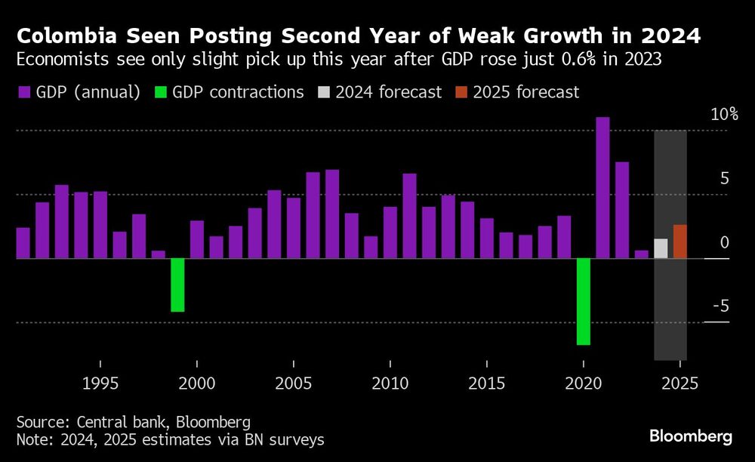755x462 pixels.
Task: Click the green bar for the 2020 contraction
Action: (x=584, y=301)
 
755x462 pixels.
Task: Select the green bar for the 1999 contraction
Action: (x=177, y=285)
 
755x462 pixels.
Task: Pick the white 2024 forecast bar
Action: (x=661, y=249)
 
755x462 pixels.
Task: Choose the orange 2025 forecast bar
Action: (x=680, y=242)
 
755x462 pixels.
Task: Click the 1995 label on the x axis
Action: (x=100, y=382)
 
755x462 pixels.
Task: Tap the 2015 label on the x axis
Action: (x=487, y=382)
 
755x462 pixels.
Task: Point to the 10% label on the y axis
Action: (x=723, y=115)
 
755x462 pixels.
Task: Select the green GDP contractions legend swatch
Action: (x=160, y=93)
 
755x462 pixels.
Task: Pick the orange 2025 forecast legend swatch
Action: (x=461, y=93)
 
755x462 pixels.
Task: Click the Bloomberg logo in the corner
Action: (x=690, y=436)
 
